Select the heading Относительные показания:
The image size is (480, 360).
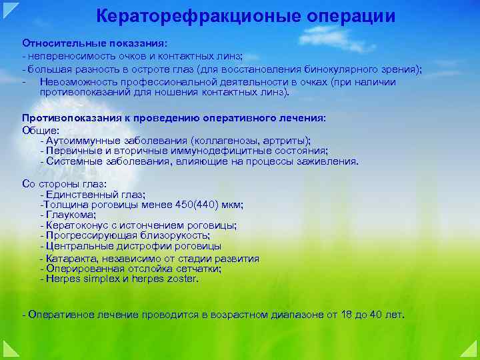click(87, 43)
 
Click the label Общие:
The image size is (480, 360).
click(41, 130)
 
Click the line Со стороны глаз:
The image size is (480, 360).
click(65, 183)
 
